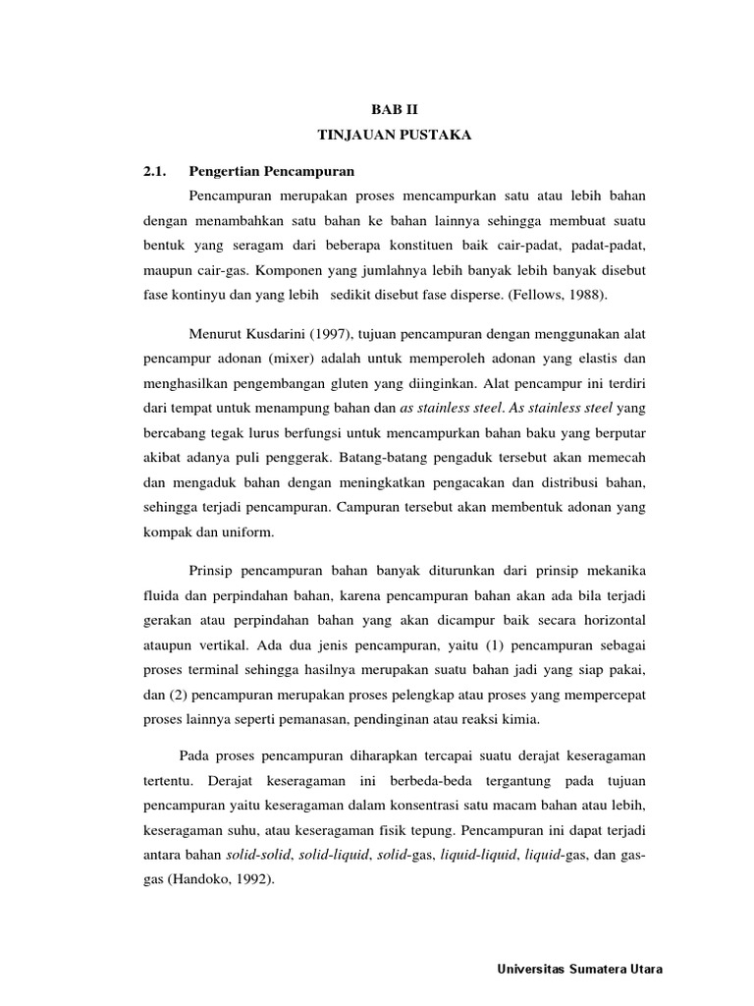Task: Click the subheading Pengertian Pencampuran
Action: (270, 171)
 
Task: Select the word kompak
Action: (157, 531)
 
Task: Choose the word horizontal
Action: (614, 621)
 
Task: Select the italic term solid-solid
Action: (253, 856)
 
